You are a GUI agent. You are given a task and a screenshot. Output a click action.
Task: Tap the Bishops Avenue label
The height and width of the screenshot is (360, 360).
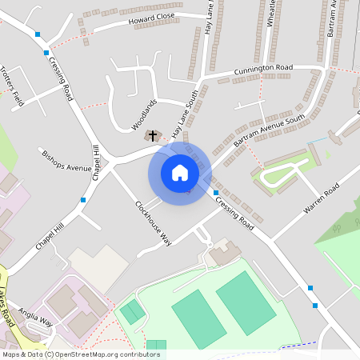coord(67,162)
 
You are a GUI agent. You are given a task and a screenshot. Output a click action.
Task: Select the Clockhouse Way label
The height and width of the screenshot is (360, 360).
coord(153,221)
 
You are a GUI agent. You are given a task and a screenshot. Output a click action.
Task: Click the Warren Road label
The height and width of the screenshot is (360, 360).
coord(322,198)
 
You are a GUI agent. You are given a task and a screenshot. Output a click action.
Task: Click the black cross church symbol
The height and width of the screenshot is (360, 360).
coord(152,136)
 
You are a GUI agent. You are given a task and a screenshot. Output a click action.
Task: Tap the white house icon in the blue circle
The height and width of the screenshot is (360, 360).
coord(180,173)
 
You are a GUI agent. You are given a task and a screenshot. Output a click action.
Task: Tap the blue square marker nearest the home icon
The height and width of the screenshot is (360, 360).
coord(216,193)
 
